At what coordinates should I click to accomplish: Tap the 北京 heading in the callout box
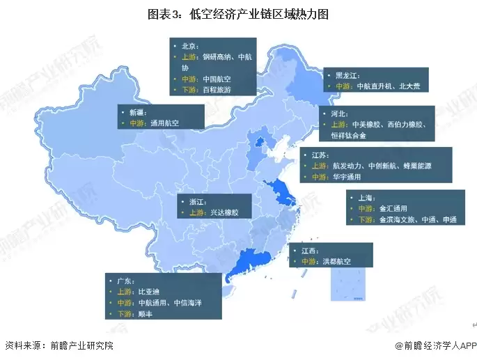(190, 46)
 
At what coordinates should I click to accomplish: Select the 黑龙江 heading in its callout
(347, 75)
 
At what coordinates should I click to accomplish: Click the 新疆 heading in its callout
(137, 111)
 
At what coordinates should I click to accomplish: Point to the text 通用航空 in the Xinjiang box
(164, 123)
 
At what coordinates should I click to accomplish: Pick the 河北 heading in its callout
(339, 113)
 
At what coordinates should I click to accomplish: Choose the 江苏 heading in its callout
(320, 155)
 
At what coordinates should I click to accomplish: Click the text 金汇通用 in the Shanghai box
(393, 208)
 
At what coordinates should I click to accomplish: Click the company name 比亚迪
(150, 292)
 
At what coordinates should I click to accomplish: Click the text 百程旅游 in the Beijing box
(217, 90)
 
